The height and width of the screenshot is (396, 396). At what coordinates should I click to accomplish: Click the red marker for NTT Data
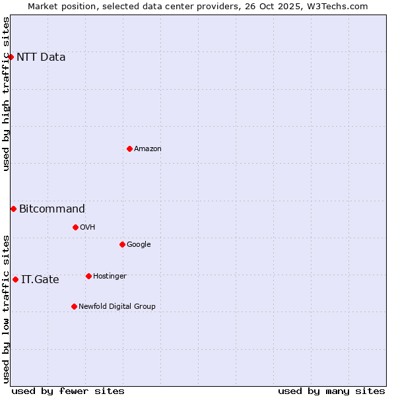11,57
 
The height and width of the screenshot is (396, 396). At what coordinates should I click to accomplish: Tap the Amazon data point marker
129,148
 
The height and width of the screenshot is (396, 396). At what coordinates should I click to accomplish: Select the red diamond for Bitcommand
13,209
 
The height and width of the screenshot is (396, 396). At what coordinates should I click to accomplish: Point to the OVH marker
75,227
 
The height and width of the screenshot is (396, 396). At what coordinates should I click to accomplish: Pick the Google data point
122,244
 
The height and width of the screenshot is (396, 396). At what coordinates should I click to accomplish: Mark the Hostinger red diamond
88,276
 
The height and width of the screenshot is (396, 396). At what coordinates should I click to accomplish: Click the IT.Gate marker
15,279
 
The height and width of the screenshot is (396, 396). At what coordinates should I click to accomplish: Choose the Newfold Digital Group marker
74,306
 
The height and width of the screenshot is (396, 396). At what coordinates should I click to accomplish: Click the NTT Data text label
41,57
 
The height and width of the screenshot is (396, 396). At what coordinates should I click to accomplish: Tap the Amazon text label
148,148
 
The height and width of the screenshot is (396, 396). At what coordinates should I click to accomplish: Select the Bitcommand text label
52,209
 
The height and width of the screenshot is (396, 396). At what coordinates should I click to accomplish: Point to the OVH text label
88,227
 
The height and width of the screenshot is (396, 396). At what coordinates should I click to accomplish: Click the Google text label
139,244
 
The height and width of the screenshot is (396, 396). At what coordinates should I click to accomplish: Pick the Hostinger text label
110,276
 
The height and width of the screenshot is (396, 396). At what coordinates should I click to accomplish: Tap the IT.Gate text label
40,280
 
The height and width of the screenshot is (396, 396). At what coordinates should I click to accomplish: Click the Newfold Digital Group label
117,306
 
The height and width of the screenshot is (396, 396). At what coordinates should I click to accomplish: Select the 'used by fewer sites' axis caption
68,391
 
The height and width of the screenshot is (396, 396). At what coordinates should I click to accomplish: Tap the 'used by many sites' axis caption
331,391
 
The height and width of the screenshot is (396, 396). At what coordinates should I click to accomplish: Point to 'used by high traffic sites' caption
6,94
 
